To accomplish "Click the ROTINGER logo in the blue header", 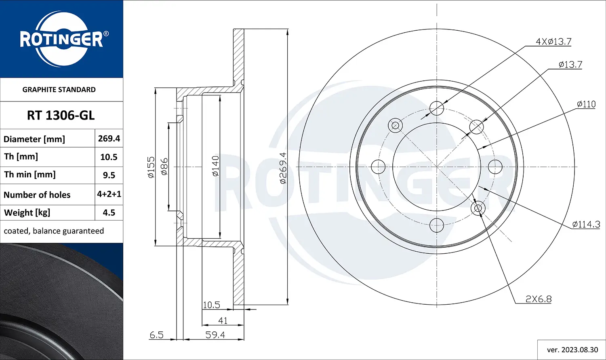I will tap(61, 39).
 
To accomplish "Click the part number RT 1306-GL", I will tap(61, 116).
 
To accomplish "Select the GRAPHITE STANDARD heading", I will tap(59, 90).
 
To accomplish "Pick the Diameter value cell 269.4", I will tap(109, 139).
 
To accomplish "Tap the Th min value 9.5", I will tap(109, 175).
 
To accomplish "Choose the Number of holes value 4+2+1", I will tap(109, 194).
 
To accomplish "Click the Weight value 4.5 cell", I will tap(109, 213).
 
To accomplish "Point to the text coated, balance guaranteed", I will tap(54, 231).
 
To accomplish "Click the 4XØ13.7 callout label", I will tap(553, 42).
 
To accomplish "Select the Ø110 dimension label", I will tap(586, 104).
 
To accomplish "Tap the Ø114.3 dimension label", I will tap(586, 224).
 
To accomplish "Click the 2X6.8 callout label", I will tap(539, 299).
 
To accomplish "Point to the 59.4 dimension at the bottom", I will tap(215, 335).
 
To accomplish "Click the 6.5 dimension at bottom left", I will tap(156, 335).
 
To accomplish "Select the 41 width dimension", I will tap(223, 321).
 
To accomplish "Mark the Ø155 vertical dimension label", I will tap(151, 167).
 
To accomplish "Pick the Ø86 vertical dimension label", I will tap(164, 166).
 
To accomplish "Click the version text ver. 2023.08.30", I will tap(572, 350).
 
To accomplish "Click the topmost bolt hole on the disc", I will tap(437, 108).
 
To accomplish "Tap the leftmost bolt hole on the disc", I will tap(378, 166).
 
